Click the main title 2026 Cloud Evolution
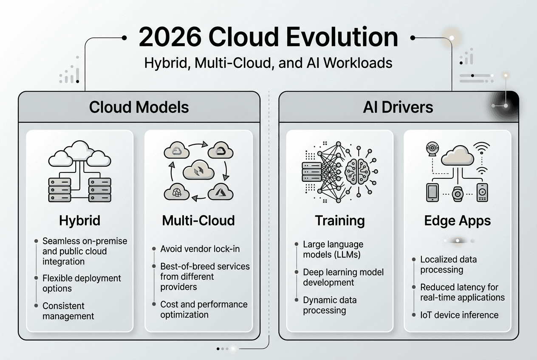[268, 37]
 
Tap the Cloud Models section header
[139, 107]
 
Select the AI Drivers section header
[398, 107]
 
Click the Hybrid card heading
[79, 220]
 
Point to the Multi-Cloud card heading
[198, 220]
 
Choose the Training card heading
[339, 220]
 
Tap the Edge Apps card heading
[457, 220]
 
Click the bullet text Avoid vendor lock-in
[200, 249]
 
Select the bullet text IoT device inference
[459, 315]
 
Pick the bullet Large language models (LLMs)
[333, 250]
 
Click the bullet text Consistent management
[68, 311]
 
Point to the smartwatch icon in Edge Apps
[458, 194]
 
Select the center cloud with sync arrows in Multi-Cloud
[198, 171]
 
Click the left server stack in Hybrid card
[59, 189]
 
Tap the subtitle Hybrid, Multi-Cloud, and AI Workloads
[268, 63]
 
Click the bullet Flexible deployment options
[82, 283]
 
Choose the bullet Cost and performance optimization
[203, 309]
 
